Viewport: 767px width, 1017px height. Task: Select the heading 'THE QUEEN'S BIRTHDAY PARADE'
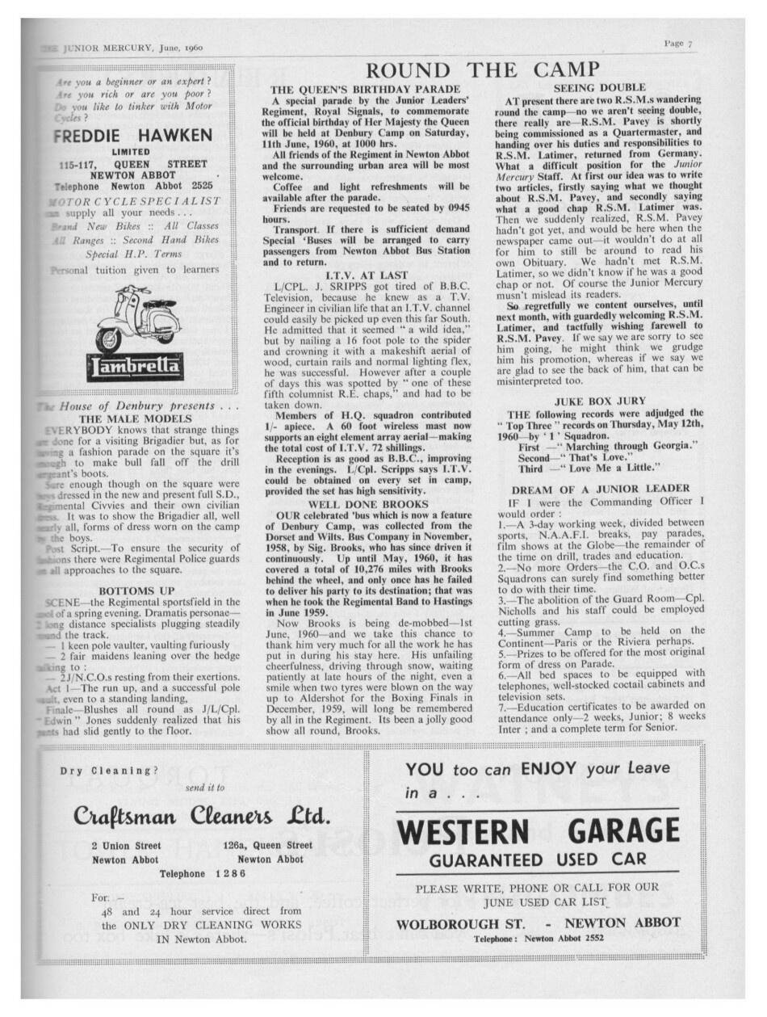365,88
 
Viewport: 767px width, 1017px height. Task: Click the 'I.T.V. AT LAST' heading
366,275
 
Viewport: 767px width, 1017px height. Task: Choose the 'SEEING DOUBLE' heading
599,87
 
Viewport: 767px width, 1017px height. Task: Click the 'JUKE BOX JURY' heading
599,401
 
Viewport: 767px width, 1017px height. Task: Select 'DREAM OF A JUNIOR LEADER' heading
601,488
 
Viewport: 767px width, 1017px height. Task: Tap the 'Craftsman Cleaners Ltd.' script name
202,816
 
